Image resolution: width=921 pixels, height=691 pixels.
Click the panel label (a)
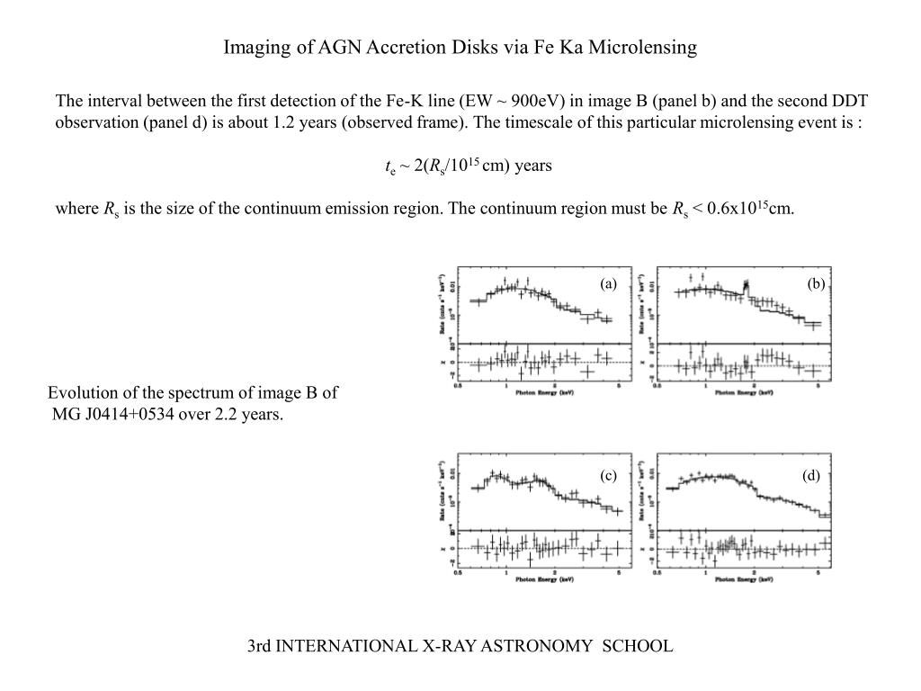[x=609, y=284]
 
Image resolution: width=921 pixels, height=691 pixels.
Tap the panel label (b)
[x=816, y=284]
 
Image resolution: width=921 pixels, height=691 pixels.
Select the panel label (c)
[x=609, y=476]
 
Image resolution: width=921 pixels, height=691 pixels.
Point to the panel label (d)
[x=812, y=476]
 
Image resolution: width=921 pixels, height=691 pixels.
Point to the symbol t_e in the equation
[x=389, y=166]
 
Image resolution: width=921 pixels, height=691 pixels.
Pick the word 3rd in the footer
[x=260, y=646]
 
